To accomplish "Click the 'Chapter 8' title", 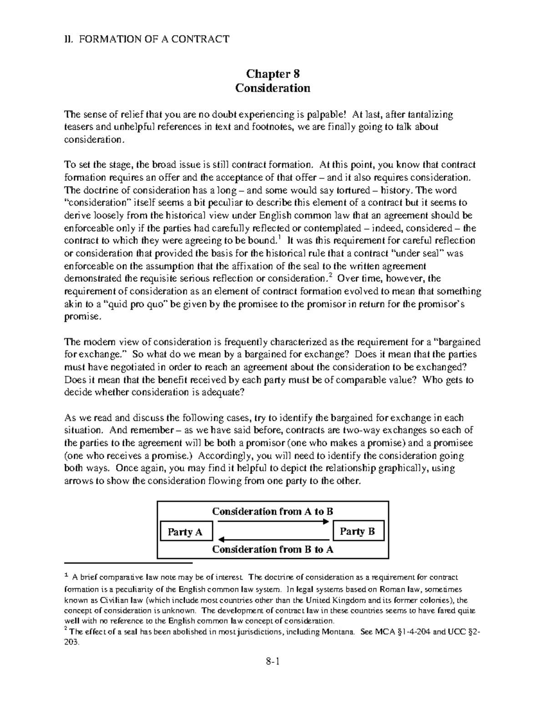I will (273, 74).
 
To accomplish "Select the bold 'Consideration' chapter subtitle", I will (273, 88).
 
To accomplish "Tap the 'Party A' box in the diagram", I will (185, 531).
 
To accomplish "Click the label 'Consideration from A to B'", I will (273, 511).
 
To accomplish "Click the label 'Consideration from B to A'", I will (273, 549).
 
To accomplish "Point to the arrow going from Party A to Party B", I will (273, 522).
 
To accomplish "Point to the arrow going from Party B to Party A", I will (273, 539).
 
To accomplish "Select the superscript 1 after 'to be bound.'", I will (279, 237).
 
